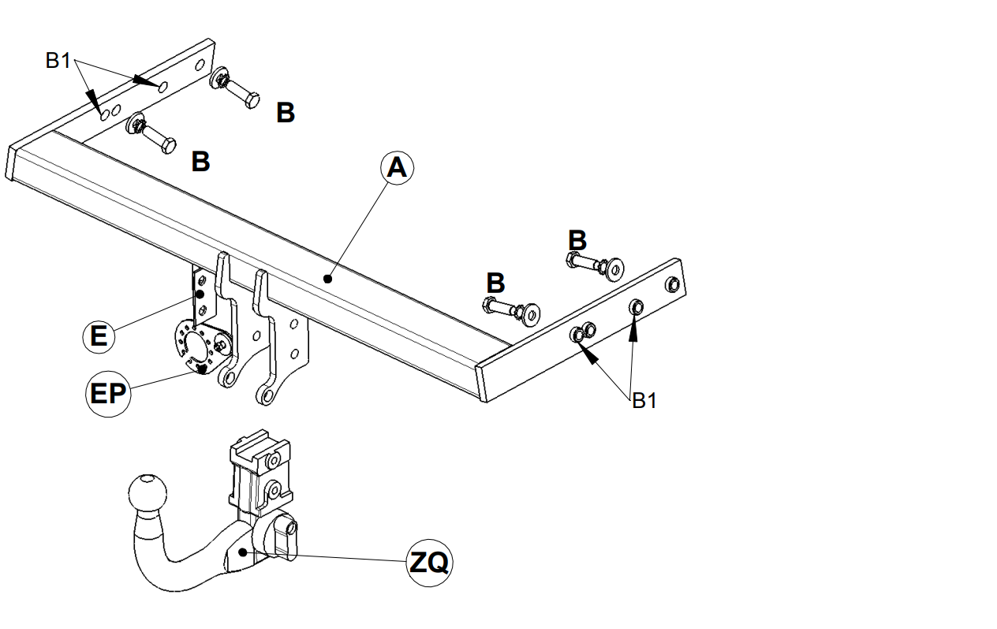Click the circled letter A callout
point(397,168)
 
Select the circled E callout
point(99,337)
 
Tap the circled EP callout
point(108,395)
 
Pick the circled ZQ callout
point(429,563)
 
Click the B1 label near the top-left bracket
point(58,60)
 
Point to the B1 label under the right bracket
point(644,400)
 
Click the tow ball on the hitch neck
point(147,493)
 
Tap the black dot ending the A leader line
point(328,279)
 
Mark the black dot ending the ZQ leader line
point(243,552)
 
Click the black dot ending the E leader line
point(200,294)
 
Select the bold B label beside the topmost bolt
point(286,112)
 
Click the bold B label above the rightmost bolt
point(577,240)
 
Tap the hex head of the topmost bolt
point(252,101)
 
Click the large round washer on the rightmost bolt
point(615,269)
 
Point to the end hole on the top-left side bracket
point(200,65)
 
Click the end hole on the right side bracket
point(672,285)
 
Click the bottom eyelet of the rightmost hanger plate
point(266,395)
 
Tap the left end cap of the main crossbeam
point(11,163)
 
